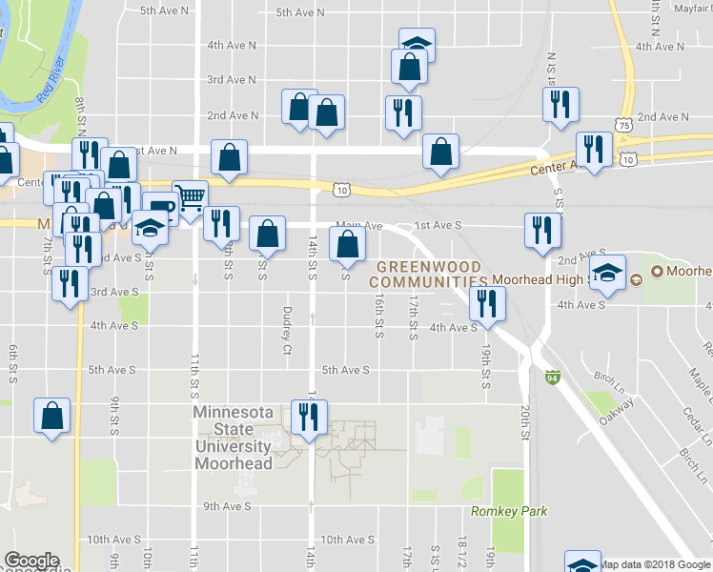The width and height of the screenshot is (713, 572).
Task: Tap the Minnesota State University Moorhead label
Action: click(x=234, y=438)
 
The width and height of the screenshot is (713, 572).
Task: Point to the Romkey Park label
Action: click(x=509, y=511)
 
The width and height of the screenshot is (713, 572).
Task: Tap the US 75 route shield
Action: click(x=622, y=124)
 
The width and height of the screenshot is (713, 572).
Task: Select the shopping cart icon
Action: click(x=191, y=197)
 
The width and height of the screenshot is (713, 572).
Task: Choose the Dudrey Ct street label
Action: click(x=286, y=329)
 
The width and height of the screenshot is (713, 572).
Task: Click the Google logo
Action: click(x=31, y=561)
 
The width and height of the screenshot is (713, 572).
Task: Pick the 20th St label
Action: click(x=524, y=419)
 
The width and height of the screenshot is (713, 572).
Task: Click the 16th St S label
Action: click(x=378, y=317)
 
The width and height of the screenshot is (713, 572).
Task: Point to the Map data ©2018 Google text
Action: click(x=655, y=564)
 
